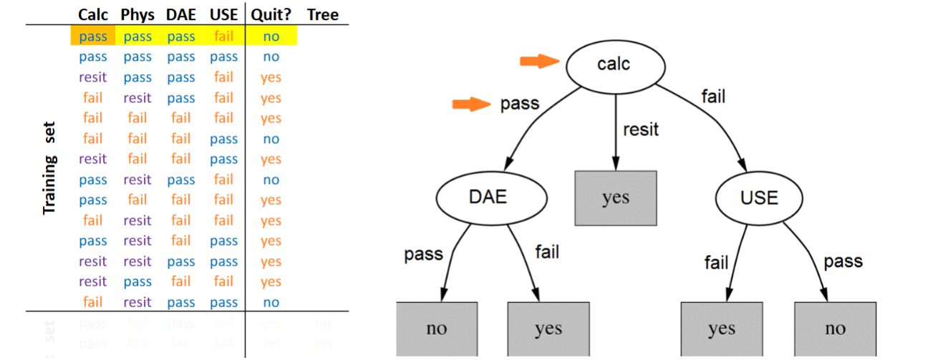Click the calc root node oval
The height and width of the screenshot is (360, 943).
pos(615,65)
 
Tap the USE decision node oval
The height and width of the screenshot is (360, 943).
pos(758,197)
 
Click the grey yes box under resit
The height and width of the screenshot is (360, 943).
pos(615,198)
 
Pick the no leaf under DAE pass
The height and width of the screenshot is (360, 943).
pos(437,329)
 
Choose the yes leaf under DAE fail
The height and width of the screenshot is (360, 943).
pos(548,329)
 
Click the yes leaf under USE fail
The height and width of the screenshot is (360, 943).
pos(721,329)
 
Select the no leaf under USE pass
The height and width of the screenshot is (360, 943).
pos(835,329)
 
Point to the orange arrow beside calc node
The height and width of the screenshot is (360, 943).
pos(539,62)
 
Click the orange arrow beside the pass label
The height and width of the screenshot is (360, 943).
pos(472,105)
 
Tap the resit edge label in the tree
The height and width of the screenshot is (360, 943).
pos(640,130)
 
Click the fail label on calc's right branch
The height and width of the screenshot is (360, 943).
pos(712,96)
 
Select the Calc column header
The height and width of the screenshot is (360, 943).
pos(93,14)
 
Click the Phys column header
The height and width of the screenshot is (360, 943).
pos(137,14)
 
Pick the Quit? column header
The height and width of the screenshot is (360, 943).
pos(271,14)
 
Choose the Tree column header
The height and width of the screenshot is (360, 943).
pos(322,14)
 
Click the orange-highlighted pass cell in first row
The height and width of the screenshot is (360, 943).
pos(93,36)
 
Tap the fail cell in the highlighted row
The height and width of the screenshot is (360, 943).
pos(223,36)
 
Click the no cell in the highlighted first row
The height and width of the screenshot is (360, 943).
pos(271,36)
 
